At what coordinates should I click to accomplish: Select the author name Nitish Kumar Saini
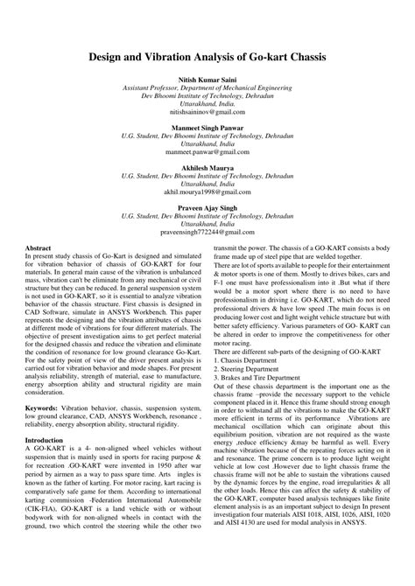[x=207, y=80]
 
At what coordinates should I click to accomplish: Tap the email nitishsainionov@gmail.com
[x=207, y=113]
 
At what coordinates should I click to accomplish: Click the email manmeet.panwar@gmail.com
[x=207, y=153]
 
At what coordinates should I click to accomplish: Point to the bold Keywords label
[x=46, y=408]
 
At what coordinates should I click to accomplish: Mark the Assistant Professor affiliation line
[x=207, y=88]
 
